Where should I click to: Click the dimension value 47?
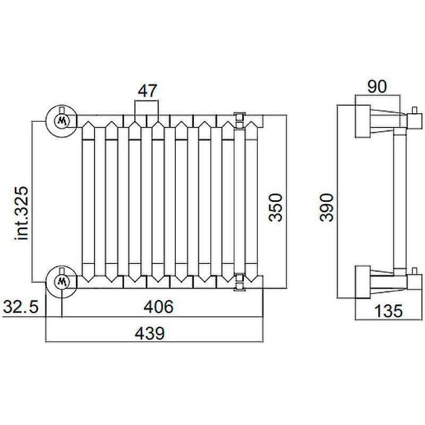[x=147, y=91]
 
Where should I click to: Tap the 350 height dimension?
[x=275, y=207]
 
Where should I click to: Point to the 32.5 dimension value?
[x=21, y=307]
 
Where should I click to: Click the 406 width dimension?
[x=158, y=307]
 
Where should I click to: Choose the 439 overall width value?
[x=150, y=333]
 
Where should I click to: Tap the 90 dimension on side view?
[x=377, y=87]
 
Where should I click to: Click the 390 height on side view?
[x=326, y=207]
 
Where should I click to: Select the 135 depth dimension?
[x=388, y=311]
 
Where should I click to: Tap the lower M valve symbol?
[x=62, y=282]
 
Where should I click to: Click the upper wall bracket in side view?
[x=363, y=121]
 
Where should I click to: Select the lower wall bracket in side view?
[x=363, y=282]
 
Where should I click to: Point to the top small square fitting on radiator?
[x=240, y=117]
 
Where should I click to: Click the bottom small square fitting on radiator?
[x=240, y=286]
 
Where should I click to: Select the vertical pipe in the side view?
[x=400, y=201]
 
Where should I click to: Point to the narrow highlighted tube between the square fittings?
[x=240, y=201]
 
